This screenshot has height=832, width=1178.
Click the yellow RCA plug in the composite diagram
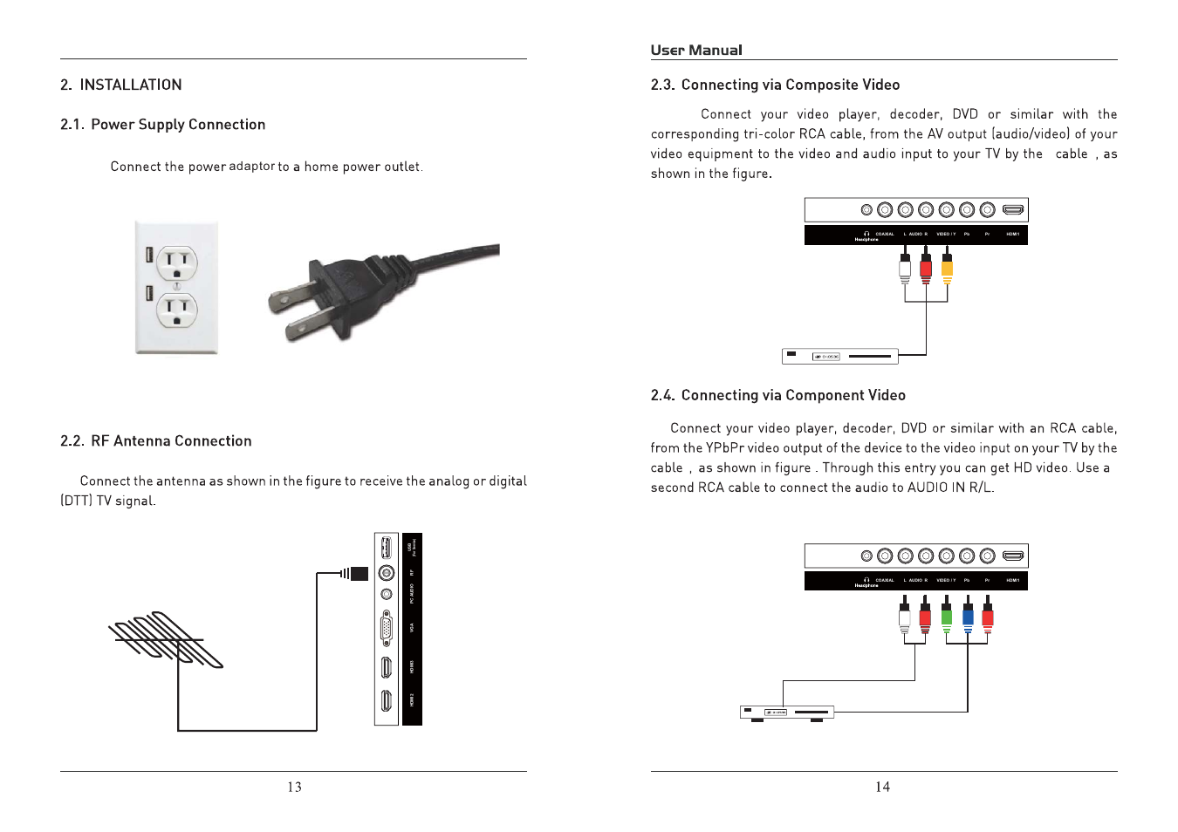coord(947,267)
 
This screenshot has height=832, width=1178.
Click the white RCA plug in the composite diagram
coord(905,267)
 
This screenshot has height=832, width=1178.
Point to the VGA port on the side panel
coord(386,628)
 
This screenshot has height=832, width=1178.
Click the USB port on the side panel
coord(386,548)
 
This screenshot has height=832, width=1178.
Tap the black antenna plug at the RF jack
coord(359,573)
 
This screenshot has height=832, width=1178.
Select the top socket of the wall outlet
coord(177,262)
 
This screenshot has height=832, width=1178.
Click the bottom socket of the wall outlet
coord(177,310)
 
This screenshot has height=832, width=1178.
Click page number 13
coord(294,788)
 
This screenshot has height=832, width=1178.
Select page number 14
coord(882,788)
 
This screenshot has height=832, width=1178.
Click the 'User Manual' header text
coord(696,51)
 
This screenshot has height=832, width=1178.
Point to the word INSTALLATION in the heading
coord(131,85)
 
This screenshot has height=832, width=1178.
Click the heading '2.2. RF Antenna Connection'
coord(156,441)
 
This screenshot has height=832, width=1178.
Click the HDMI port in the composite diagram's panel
coord(1012,210)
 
